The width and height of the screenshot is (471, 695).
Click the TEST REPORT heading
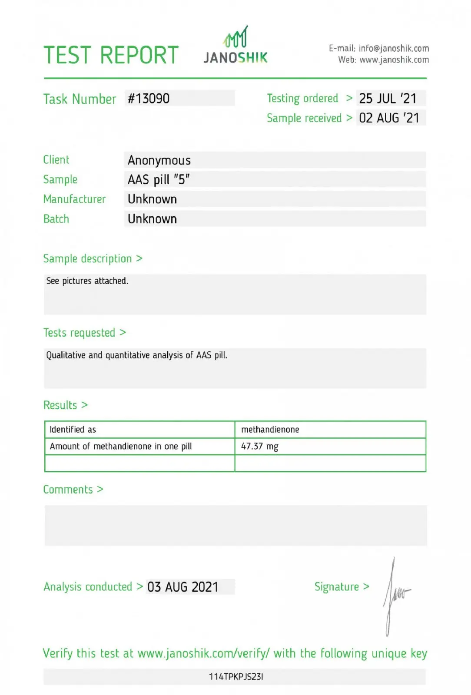click(x=111, y=55)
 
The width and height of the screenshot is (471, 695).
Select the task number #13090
click(x=149, y=99)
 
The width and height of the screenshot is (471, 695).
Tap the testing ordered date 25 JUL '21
click(x=388, y=99)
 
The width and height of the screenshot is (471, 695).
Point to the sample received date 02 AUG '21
click(x=389, y=118)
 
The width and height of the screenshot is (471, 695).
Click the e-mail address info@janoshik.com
click(x=394, y=48)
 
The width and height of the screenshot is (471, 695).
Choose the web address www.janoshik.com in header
click(x=394, y=60)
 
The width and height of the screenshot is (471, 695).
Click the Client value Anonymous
click(x=159, y=160)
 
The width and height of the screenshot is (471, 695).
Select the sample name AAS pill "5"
click(x=158, y=179)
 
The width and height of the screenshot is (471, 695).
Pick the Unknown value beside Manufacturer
click(x=152, y=199)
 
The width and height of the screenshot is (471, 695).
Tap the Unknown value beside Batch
click(x=152, y=219)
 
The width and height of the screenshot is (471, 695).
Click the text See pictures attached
click(x=87, y=281)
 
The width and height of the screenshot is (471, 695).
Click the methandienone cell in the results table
click(x=270, y=430)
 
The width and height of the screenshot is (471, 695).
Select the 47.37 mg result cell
click(x=259, y=447)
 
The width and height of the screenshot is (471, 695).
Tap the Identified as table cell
click(x=73, y=430)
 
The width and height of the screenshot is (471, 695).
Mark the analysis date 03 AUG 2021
click(x=182, y=587)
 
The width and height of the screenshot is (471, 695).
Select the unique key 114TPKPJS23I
click(x=236, y=677)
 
